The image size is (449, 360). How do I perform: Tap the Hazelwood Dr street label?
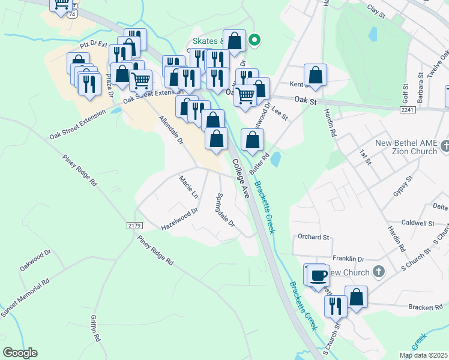click(x=179, y=220)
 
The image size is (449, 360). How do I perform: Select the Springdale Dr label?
click(x=226, y=209)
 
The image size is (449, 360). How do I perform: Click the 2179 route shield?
click(x=134, y=225)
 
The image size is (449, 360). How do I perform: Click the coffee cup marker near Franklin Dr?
click(x=318, y=275)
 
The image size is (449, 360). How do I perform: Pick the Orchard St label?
click(x=314, y=237)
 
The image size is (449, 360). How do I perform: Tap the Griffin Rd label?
click(x=95, y=329)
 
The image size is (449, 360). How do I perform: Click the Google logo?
click(x=20, y=353)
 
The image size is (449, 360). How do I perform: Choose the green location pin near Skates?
click(x=255, y=41)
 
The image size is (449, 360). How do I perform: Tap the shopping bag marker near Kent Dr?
click(x=315, y=75)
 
